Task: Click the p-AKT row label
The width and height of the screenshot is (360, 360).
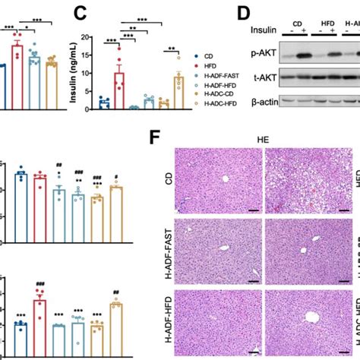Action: point(263,54)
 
